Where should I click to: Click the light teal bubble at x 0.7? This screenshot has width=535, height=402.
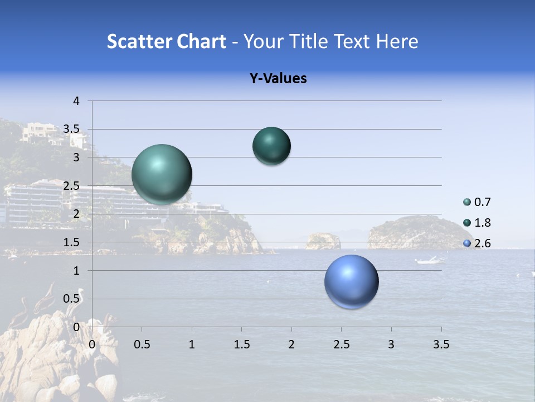tap(162, 174)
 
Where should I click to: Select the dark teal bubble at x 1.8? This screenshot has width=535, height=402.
tap(271, 146)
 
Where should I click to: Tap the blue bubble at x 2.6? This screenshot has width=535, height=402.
tap(352, 281)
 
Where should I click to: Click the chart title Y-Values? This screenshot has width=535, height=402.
tap(278, 79)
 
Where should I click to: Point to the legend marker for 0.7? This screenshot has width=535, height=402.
tap(467, 202)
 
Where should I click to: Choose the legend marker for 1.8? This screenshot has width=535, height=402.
tap(467, 223)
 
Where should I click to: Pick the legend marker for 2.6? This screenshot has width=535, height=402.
tap(467, 243)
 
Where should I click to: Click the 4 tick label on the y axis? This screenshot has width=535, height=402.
tap(76, 101)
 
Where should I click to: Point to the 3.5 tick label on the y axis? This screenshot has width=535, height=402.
tap(72, 129)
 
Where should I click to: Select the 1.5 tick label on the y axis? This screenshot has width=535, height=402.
tap(72, 242)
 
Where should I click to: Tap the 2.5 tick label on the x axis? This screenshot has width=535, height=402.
tap(341, 344)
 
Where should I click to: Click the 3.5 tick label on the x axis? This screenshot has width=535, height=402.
tap(441, 344)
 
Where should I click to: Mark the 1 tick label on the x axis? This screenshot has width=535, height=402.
tap(192, 344)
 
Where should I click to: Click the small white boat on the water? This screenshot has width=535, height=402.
tap(429, 260)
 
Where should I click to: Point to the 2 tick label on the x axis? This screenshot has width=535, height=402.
tap(291, 344)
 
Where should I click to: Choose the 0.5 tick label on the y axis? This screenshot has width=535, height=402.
tap(72, 299)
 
